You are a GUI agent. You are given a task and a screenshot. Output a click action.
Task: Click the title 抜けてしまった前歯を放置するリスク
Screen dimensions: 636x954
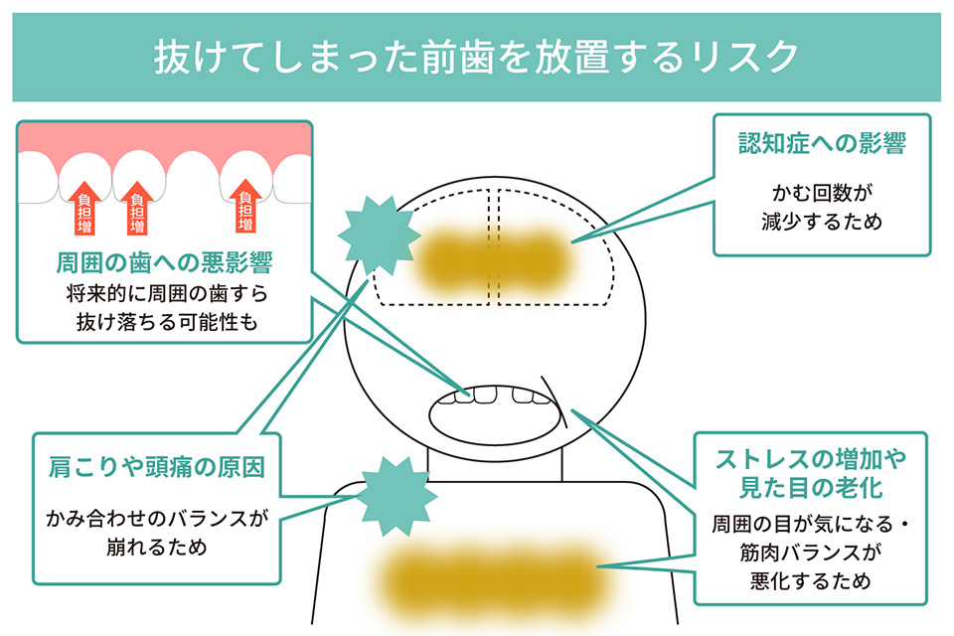(476, 57)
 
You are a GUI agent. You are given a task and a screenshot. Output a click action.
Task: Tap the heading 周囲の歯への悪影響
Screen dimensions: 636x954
(165, 263)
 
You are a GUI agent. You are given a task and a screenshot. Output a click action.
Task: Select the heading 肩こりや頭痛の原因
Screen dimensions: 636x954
(157, 466)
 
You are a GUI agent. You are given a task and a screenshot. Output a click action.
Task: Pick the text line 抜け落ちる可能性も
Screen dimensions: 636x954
(165, 322)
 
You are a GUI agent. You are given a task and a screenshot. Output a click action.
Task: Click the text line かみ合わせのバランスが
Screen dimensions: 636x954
(157, 517)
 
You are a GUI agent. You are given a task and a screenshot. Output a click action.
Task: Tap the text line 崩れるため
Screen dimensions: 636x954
(157, 547)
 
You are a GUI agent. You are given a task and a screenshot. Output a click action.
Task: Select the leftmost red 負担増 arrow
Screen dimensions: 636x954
(83, 196)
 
